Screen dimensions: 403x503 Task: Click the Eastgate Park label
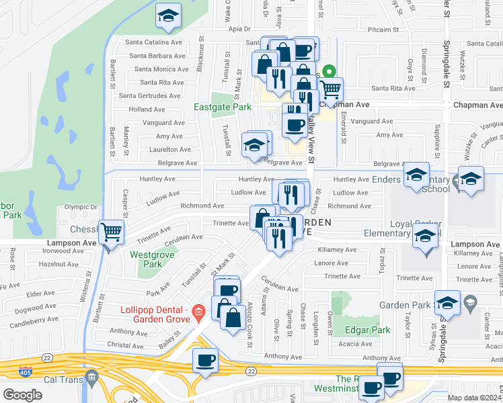pos(222,107)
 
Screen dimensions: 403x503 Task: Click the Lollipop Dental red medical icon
pos(198,311)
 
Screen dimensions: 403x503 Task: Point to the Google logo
pos(22,394)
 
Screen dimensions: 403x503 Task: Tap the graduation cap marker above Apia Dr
pos(168,16)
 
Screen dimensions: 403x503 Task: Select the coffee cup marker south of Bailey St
pos(205,360)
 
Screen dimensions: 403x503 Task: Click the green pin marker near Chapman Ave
pos(329,71)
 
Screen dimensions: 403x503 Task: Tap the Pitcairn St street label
pos(384,30)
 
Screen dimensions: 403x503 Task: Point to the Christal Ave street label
pos(126,346)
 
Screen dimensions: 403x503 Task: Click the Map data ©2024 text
pos(475,398)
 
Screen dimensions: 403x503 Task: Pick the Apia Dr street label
pos(239,29)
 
